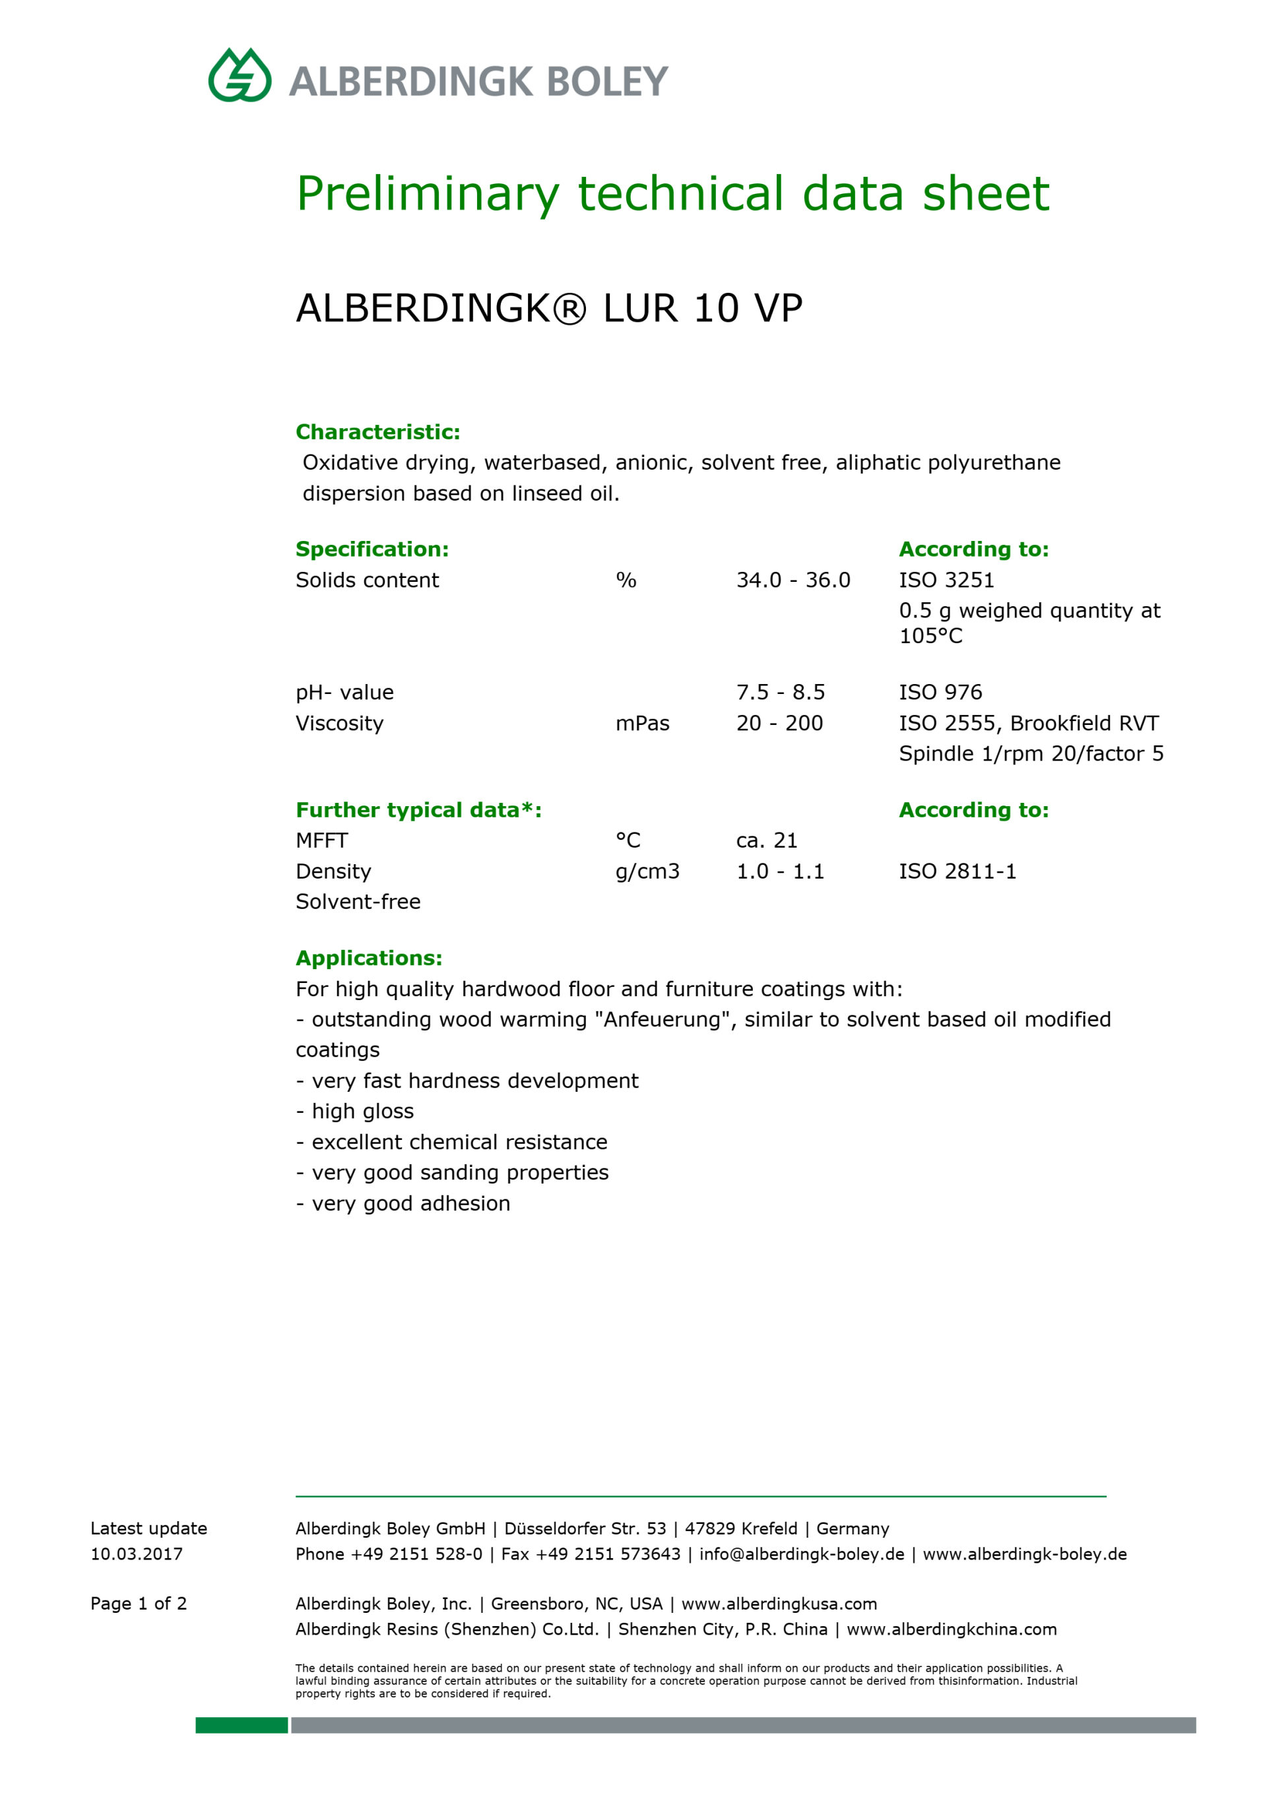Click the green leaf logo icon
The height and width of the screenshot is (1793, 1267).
pos(240,76)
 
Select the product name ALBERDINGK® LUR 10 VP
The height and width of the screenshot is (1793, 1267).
pos(549,309)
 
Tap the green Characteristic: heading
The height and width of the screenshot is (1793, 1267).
pos(378,432)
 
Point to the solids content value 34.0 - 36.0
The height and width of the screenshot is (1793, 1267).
pos(793,581)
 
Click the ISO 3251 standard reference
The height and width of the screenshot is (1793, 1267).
pos(946,581)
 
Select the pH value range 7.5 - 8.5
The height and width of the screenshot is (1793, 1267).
pos(781,693)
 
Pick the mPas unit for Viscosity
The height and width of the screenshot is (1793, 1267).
pos(642,724)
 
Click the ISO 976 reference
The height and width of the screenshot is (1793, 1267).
pos(940,693)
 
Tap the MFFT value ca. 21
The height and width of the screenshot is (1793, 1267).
pos(766,841)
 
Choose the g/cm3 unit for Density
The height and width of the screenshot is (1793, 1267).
pos(647,871)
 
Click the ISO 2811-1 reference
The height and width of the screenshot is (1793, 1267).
pos(958,871)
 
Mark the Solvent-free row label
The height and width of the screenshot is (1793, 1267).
pos(358,902)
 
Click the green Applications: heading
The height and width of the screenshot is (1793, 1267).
pos(369,959)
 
